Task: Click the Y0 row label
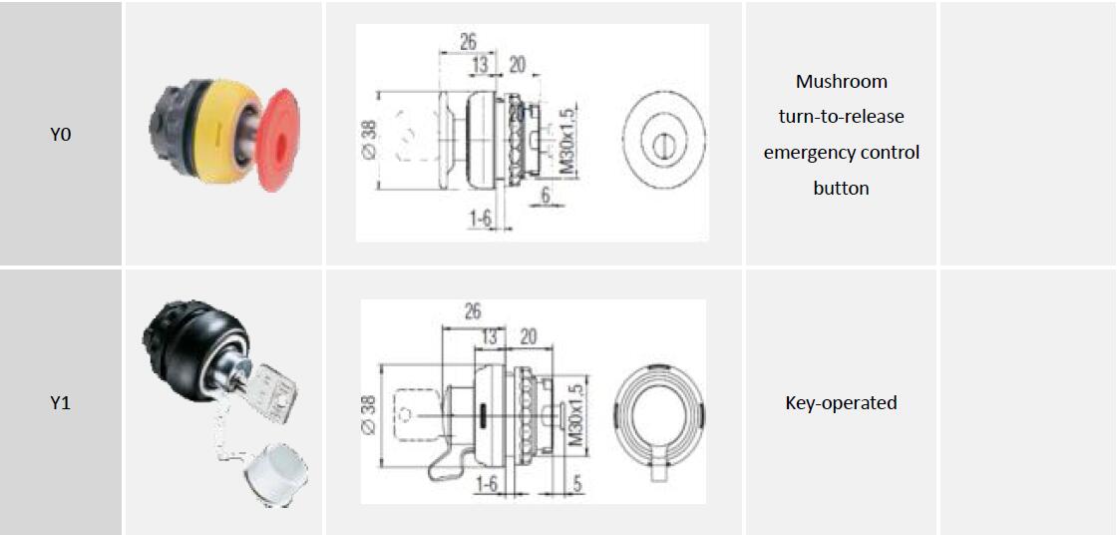(60, 134)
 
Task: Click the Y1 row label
(60, 403)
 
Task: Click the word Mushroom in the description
(841, 81)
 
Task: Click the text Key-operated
(841, 402)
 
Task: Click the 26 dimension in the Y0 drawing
(468, 42)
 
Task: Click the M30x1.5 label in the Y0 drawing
(568, 141)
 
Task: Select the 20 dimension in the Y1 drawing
(529, 337)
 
